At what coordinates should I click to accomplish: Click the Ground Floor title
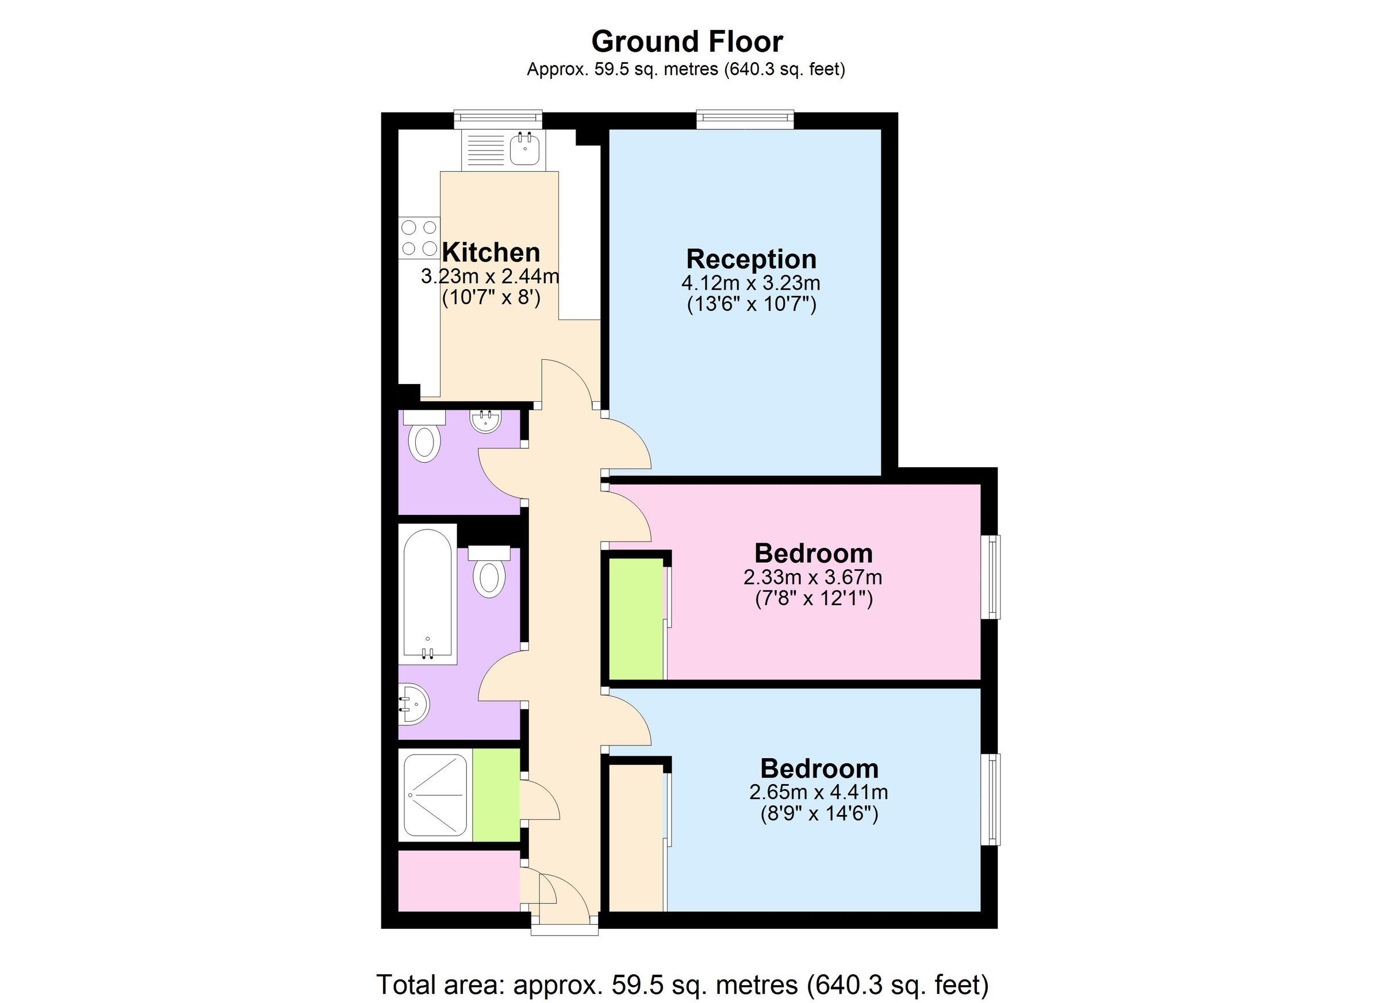[687, 42]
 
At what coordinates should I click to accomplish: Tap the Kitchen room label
[490, 252]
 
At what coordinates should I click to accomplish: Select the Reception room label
[751, 259]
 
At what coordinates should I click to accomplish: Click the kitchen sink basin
[524, 148]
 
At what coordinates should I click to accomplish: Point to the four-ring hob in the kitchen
[419, 238]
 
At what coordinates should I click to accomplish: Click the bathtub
[427, 593]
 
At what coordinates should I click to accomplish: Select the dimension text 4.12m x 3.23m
[751, 283]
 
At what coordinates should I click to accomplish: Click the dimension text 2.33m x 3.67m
[812, 577]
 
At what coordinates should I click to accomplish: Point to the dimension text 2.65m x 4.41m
[818, 792]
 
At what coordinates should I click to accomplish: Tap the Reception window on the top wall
[745, 119]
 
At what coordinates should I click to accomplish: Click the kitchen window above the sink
[498, 119]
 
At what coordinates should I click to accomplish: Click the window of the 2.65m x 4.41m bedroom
[990, 799]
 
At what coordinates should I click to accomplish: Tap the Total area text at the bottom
[683, 984]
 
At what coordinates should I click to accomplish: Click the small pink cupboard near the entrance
[459, 881]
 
